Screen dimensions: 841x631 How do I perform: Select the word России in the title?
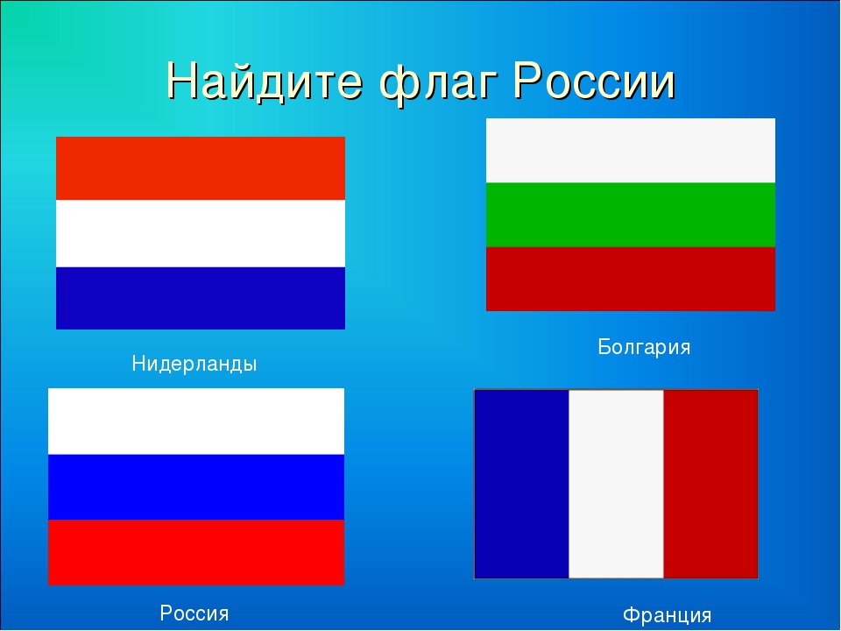coord(594,81)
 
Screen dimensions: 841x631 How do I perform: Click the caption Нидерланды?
coord(194,365)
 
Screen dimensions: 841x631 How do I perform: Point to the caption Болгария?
coord(644,347)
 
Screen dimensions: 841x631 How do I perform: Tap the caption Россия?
coord(194,613)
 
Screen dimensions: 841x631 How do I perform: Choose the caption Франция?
coord(667,615)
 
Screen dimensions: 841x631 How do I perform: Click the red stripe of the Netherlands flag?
coord(201,168)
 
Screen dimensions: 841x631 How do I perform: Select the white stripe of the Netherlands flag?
coord(201,234)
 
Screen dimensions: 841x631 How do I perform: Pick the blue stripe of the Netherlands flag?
coord(201,298)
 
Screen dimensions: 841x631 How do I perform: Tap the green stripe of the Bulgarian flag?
coord(630,215)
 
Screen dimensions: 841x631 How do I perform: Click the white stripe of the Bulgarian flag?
coord(630,151)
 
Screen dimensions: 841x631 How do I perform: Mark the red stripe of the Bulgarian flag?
coord(630,279)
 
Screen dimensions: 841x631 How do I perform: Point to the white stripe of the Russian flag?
coord(196,422)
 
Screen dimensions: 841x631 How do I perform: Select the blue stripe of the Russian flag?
coord(196,487)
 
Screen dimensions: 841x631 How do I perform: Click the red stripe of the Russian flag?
coord(196,552)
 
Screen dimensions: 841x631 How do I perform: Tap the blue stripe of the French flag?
coord(522,484)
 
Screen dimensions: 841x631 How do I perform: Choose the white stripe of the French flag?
coord(616,484)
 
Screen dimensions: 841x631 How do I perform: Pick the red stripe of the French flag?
coord(710,484)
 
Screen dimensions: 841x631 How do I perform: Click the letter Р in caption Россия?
coord(166,613)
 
